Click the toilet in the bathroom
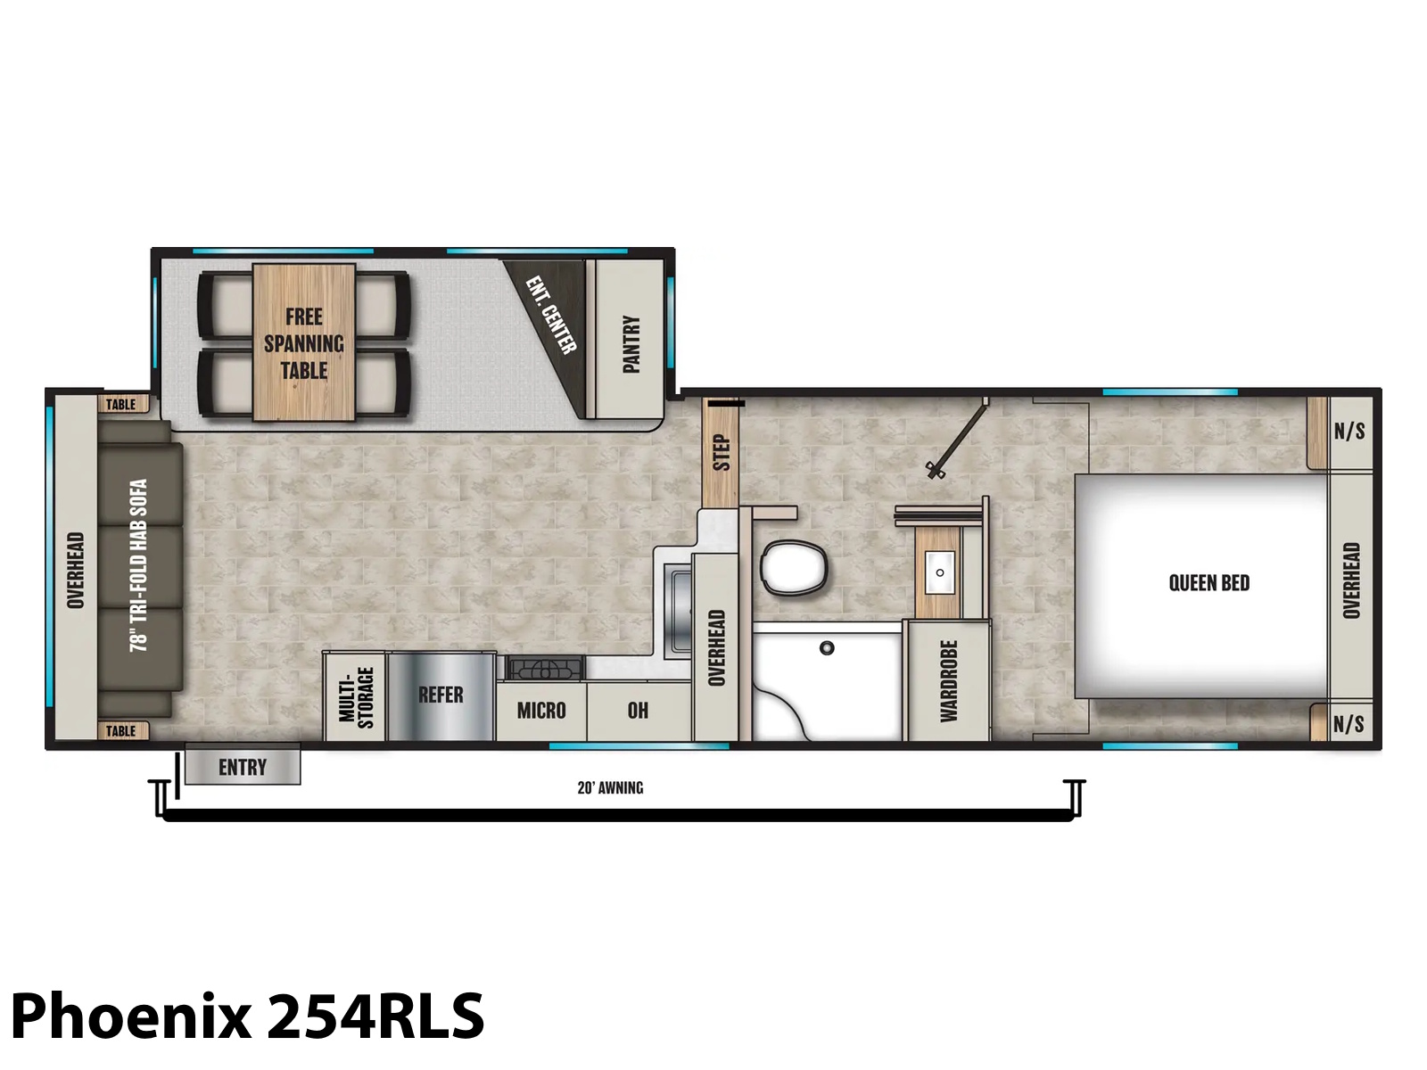(x=794, y=567)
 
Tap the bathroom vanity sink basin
(x=939, y=572)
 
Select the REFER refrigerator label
(x=440, y=695)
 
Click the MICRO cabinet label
(x=541, y=711)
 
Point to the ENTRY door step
(x=243, y=764)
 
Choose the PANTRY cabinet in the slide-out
(x=629, y=339)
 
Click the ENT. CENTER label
(x=551, y=315)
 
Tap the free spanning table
(x=303, y=342)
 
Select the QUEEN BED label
(x=1208, y=583)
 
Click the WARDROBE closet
(x=949, y=680)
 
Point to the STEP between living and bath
(x=721, y=452)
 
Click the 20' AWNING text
(x=610, y=788)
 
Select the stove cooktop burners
(x=544, y=668)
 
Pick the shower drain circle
(x=827, y=647)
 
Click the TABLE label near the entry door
(x=121, y=731)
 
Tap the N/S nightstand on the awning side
(x=1349, y=723)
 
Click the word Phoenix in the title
(x=130, y=1017)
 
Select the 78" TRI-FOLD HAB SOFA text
(x=139, y=565)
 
